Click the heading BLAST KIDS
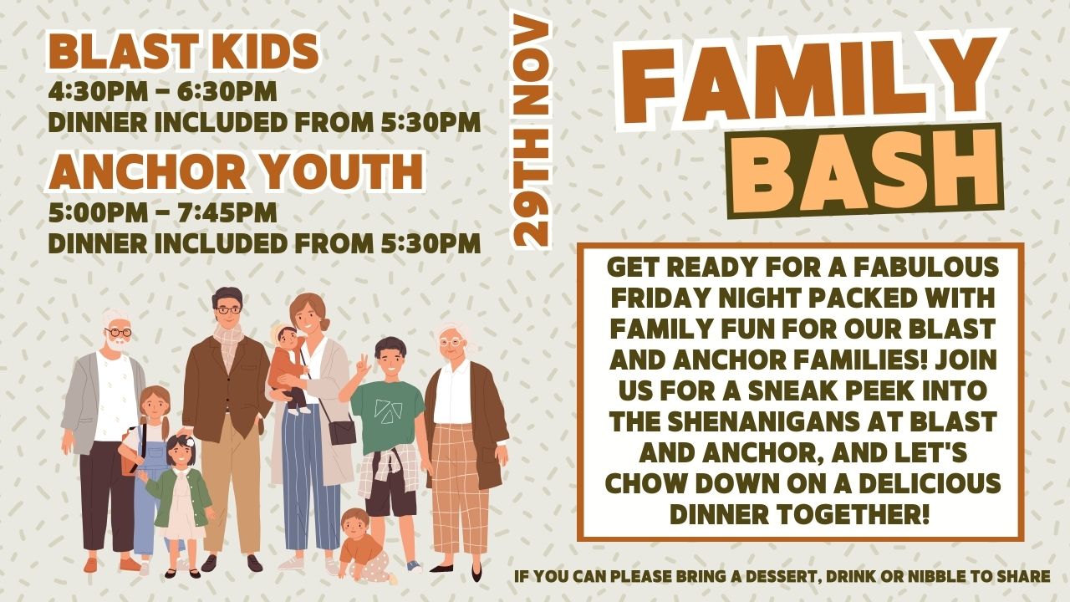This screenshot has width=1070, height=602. point(183,52)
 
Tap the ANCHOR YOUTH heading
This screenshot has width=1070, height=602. point(236,171)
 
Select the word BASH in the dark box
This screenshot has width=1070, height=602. point(864,171)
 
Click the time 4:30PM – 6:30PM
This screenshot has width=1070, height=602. point(162,91)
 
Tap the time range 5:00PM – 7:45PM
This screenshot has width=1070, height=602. point(162,212)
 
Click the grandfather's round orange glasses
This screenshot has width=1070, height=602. point(119,332)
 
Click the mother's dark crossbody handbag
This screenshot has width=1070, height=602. point(342,431)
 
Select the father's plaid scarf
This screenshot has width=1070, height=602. point(229,342)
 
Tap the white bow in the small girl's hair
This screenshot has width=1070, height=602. point(190,441)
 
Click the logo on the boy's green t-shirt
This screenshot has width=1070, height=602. point(388,411)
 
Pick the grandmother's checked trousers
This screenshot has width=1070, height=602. point(460,487)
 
